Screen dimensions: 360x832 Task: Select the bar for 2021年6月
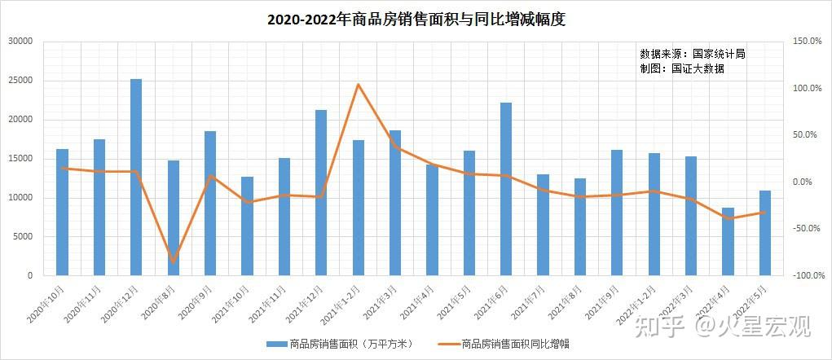pos(506,189)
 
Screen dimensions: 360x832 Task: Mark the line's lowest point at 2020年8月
pos(174,262)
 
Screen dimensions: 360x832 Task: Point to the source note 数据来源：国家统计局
pos(693,54)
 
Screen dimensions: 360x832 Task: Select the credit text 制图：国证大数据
pos(682,69)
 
